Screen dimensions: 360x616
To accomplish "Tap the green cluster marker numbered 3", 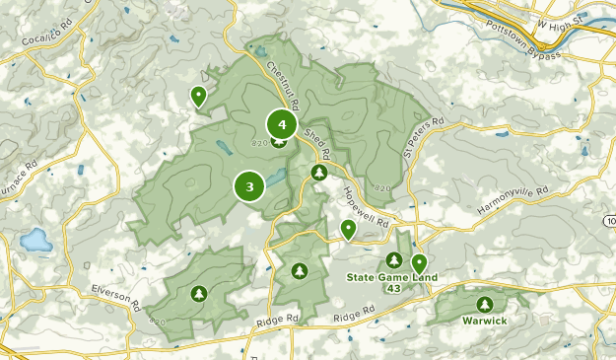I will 249,185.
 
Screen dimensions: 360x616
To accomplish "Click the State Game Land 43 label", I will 387,282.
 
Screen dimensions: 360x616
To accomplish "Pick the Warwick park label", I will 483,321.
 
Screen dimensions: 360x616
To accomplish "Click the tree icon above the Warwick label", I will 483,304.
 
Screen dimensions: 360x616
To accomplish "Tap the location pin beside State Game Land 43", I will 419,263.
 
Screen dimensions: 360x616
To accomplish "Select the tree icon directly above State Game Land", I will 394,259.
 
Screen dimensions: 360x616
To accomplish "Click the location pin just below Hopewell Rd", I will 348,230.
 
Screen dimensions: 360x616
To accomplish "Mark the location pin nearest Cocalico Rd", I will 198,97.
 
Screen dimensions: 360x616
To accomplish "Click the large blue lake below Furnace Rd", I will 36,240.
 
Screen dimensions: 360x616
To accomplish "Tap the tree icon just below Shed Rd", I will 318,173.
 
